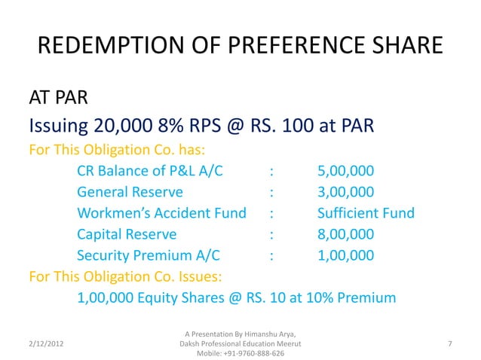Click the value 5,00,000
(x=345, y=171)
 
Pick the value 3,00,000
(x=345, y=192)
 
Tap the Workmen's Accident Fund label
(x=161, y=213)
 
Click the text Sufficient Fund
(x=366, y=213)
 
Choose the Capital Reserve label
(x=127, y=234)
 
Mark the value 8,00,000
(x=345, y=234)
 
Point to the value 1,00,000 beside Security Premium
(x=345, y=255)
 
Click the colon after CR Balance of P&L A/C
(x=271, y=171)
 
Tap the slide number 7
(x=449, y=343)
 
